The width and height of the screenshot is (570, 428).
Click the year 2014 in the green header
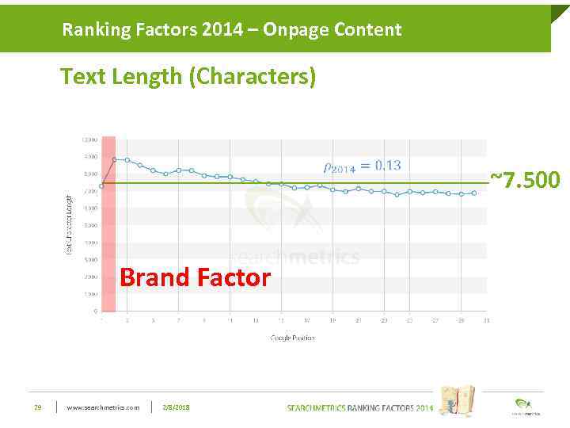pos(230,30)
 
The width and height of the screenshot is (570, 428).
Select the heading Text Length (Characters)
pos(188,77)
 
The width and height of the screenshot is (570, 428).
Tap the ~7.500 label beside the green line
pos(525,180)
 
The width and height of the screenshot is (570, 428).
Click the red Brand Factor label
pos(195,277)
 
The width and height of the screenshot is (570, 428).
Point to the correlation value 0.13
pos(388,165)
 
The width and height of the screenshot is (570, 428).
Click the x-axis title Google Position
pos(292,338)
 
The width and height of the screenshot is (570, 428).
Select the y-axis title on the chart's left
pos(69,224)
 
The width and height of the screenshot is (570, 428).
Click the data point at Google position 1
pos(101,186)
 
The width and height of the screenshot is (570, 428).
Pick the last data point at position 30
pos(473,193)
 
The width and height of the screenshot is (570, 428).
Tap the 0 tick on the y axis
pos(95,311)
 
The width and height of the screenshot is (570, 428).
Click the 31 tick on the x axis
pos(486,320)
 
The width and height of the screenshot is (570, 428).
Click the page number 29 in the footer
pos(37,407)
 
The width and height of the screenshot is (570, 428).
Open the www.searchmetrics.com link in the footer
pos(103,407)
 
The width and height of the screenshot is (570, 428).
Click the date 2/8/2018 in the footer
pos(176,407)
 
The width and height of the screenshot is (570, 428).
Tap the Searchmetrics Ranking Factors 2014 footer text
pos(359,407)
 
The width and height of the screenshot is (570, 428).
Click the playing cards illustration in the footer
pos(457,400)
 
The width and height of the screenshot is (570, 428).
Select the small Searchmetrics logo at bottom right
pos(523,405)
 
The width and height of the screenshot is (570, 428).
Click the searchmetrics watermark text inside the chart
pos(296,257)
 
